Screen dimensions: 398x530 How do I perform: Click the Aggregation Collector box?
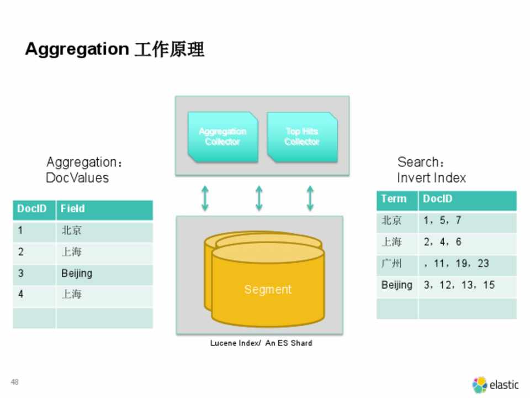pos(222,137)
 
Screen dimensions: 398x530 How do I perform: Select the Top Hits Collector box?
pos(302,137)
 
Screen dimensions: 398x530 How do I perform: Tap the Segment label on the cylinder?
pos(268,289)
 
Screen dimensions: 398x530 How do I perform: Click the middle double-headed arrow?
pos(258,198)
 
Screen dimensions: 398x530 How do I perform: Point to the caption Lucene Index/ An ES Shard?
pos(261,343)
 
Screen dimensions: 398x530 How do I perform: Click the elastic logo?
pos(495,384)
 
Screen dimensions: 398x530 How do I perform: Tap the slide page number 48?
pos(14,382)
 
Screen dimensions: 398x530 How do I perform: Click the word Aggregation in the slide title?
pos(76,49)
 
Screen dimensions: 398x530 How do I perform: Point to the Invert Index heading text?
pos(431,178)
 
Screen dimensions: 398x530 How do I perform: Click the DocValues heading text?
pos(77,178)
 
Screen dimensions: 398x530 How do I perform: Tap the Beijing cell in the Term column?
pos(396,285)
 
